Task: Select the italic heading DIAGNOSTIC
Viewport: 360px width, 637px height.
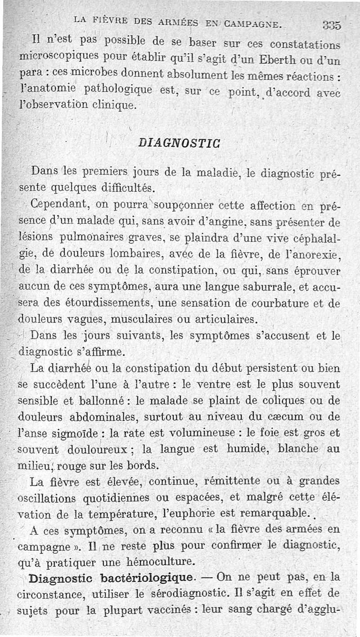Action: pos(179,143)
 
